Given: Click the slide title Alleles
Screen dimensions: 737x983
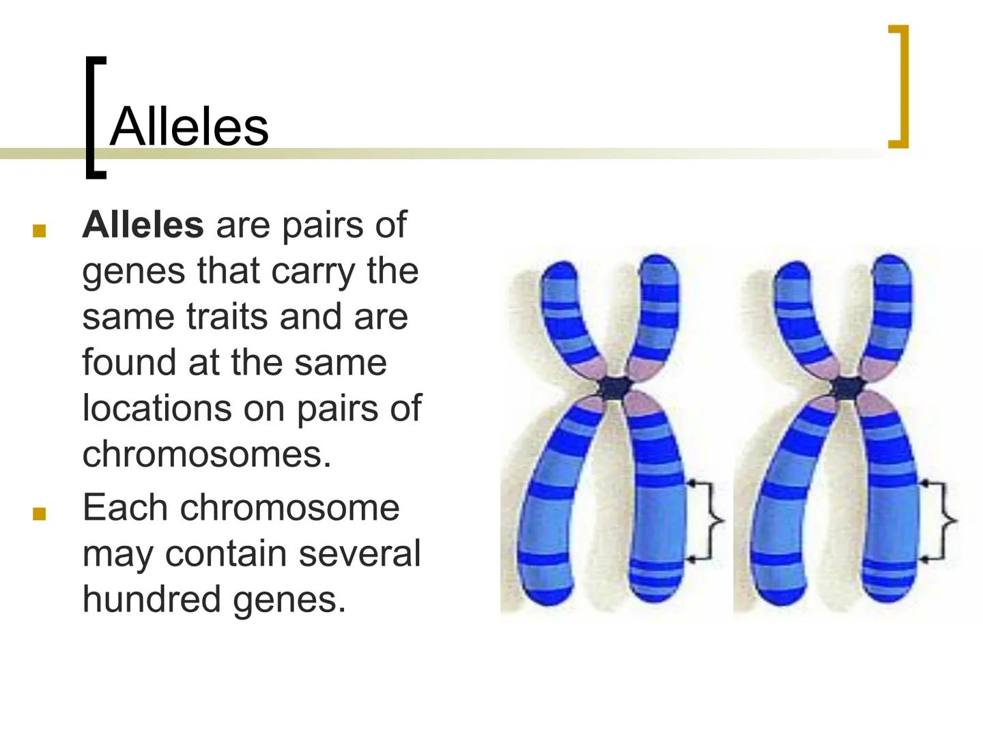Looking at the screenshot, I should click(189, 127).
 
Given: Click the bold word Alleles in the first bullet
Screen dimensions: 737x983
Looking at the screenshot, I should click(143, 225).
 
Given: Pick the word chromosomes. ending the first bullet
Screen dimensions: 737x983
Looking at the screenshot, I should click(206, 454).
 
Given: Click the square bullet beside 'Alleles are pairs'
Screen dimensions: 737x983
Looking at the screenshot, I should click(39, 231).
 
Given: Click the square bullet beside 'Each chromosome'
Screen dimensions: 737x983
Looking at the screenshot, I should click(39, 514).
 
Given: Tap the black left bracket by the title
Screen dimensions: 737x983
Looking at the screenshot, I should click(94, 117).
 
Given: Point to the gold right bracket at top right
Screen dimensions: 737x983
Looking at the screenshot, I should click(900, 86).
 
